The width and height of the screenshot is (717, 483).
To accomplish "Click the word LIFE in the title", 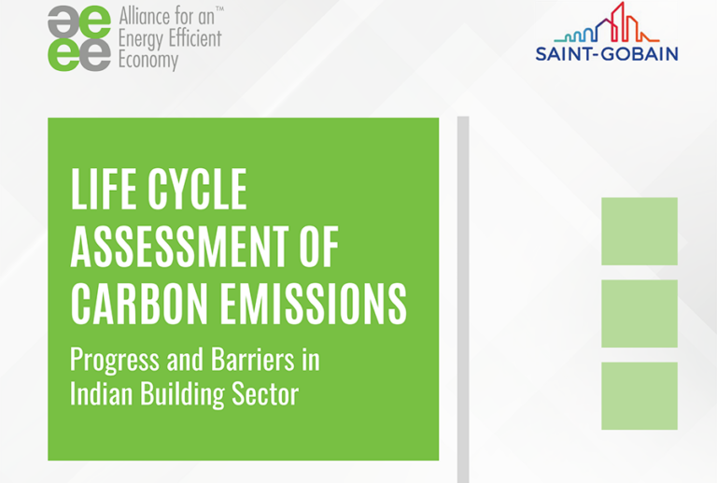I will [103, 192].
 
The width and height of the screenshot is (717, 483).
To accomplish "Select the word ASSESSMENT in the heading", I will [167, 248].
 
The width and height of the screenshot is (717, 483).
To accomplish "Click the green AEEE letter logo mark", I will [79, 37].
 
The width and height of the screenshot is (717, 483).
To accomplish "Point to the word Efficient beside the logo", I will [190, 38].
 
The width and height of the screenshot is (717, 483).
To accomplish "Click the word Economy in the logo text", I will [148, 61].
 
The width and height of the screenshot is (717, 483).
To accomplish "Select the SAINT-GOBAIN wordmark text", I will [607, 54].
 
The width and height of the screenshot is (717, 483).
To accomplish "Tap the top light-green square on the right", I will [640, 231].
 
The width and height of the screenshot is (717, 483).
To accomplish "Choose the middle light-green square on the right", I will [640, 313].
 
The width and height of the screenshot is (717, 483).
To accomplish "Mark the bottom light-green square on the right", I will [640, 395].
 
